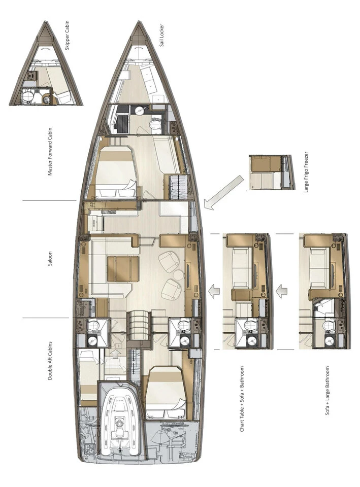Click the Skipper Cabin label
click(x=68, y=36)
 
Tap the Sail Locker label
click(x=161, y=36)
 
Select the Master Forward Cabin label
click(x=50, y=152)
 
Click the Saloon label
click(x=50, y=259)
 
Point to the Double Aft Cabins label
click(x=50, y=361)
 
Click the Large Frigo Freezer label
click(x=307, y=172)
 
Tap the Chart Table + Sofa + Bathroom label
click(x=242, y=399)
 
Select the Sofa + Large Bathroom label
click(x=327, y=391)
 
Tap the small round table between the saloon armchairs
click(x=178, y=275)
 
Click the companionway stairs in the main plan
click(x=139, y=326)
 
